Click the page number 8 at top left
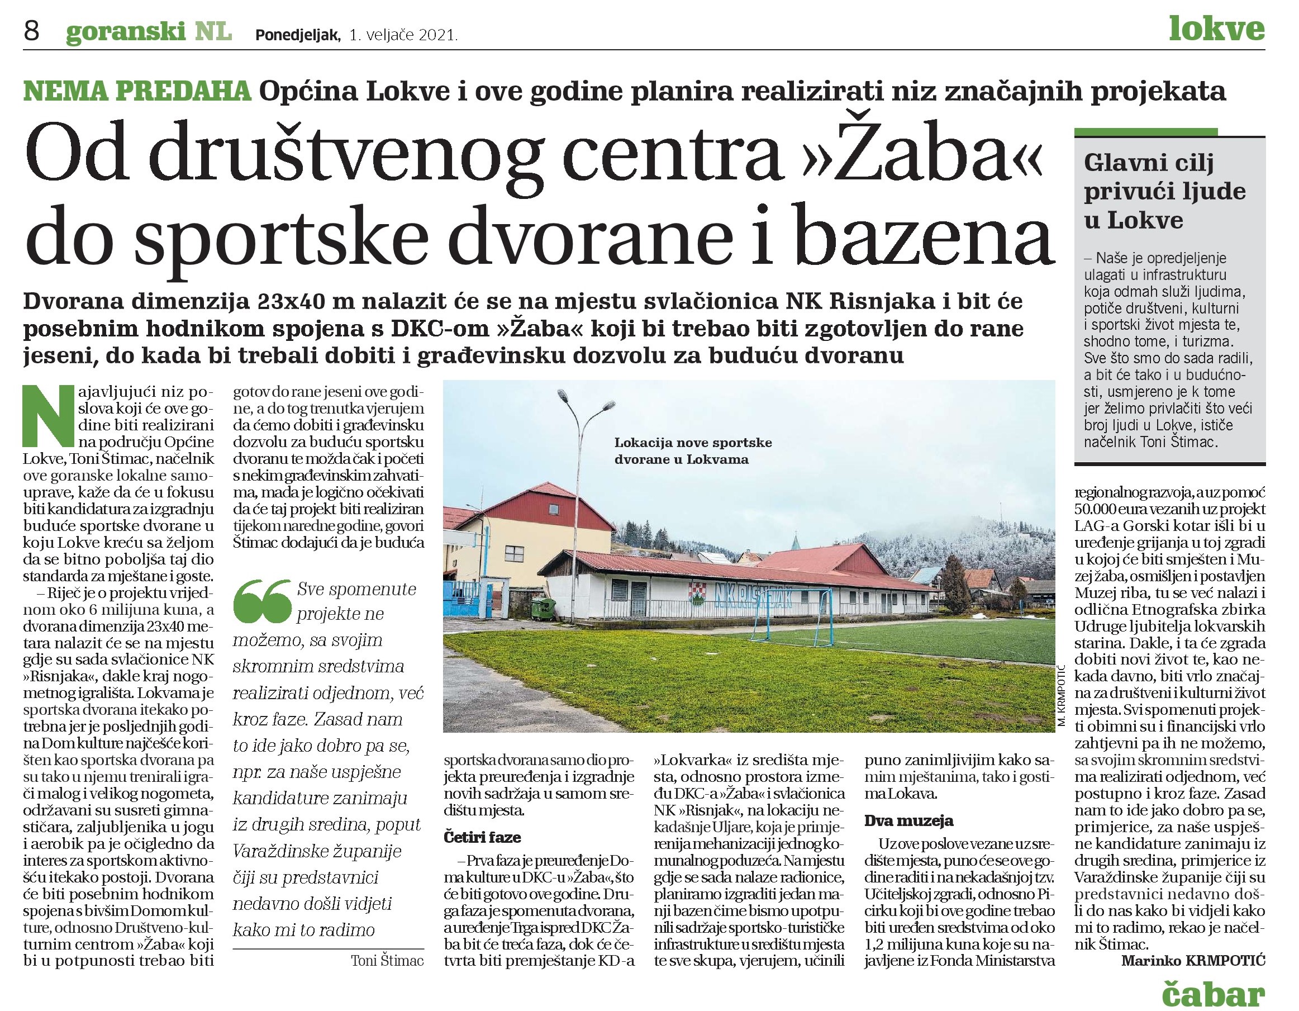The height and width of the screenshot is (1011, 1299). click(x=31, y=30)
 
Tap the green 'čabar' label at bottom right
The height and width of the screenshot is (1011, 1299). click(x=1213, y=990)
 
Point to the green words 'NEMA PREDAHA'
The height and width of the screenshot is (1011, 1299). click(x=137, y=91)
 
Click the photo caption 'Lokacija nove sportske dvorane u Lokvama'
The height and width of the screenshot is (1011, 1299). click(x=693, y=451)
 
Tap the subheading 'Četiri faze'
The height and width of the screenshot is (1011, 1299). click(x=482, y=838)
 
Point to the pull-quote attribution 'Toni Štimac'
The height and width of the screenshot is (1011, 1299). click(x=387, y=960)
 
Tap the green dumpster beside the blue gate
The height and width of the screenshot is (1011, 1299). click(x=543, y=609)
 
